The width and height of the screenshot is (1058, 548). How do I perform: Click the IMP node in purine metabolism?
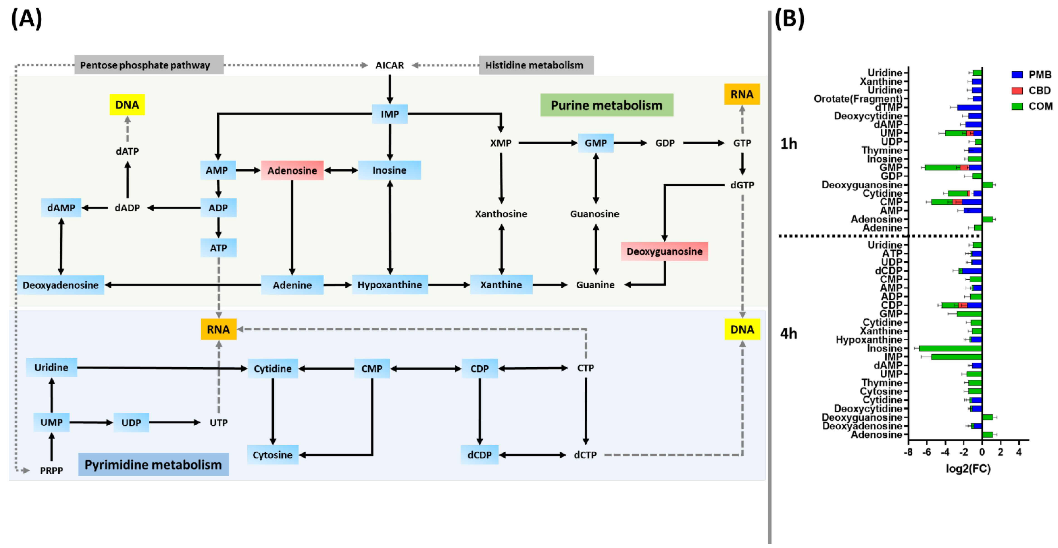coord(389,114)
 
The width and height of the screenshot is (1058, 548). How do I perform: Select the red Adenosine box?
coord(292,170)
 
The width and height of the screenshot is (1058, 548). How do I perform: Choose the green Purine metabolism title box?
coord(606,105)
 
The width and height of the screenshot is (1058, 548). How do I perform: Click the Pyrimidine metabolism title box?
coord(153,465)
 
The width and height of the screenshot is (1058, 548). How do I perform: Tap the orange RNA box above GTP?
coord(742,95)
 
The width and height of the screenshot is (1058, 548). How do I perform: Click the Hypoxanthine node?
coord(389,285)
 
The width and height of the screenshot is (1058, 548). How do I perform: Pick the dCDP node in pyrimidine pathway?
coord(479,455)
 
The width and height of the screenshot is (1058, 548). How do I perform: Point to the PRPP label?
coord(51,470)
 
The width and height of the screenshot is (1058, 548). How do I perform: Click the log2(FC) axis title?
coord(968,468)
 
